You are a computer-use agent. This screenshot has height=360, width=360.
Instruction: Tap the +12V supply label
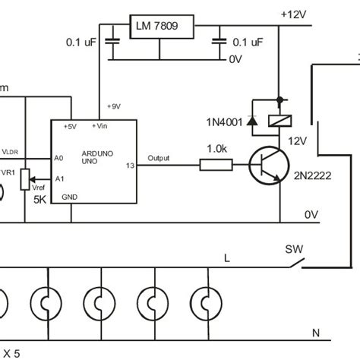pos(294,14)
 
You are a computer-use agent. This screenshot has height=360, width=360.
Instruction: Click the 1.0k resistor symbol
pos(216,163)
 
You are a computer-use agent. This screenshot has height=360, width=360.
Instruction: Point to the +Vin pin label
pos(99,125)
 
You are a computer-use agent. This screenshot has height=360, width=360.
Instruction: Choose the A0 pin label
pos(58,159)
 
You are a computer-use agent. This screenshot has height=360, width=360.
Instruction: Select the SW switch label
pos(292,248)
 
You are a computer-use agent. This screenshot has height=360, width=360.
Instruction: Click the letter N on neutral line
pos(315,333)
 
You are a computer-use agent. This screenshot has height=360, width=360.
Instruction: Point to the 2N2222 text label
pos(312,176)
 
